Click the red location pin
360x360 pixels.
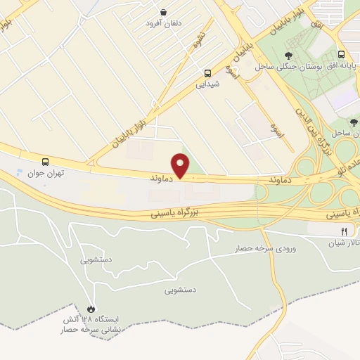[181, 165]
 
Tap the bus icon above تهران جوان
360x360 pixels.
[46, 161]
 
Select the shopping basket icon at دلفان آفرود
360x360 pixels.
[164, 12]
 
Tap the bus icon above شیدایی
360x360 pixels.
[208, 72]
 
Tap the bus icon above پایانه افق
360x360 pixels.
[341, 54]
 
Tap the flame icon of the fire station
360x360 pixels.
[90, 309]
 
